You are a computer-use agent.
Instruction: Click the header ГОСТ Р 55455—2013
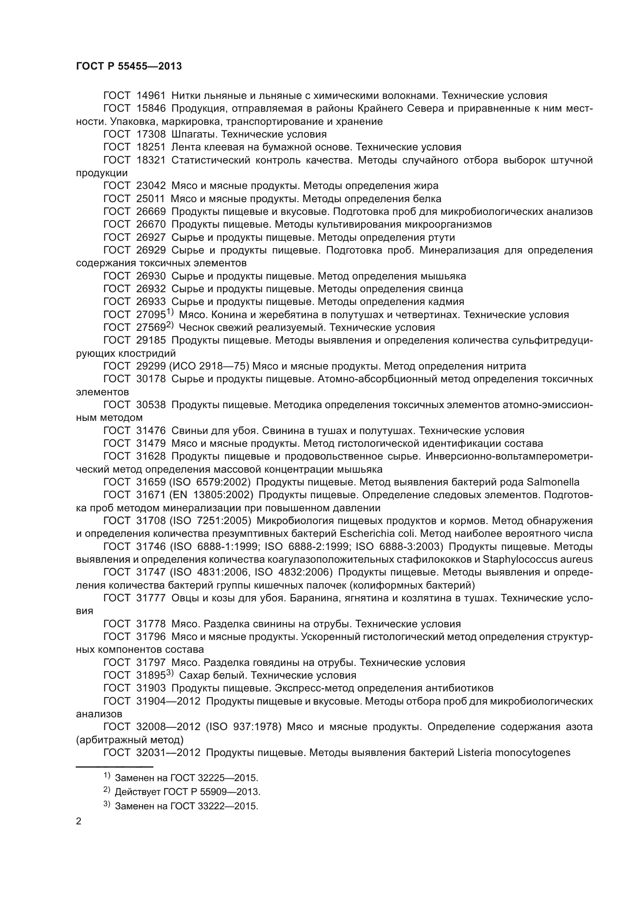pos(129,66)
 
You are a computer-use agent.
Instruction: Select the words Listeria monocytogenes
pos(514,752)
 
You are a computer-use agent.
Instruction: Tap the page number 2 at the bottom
pos(79,821)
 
